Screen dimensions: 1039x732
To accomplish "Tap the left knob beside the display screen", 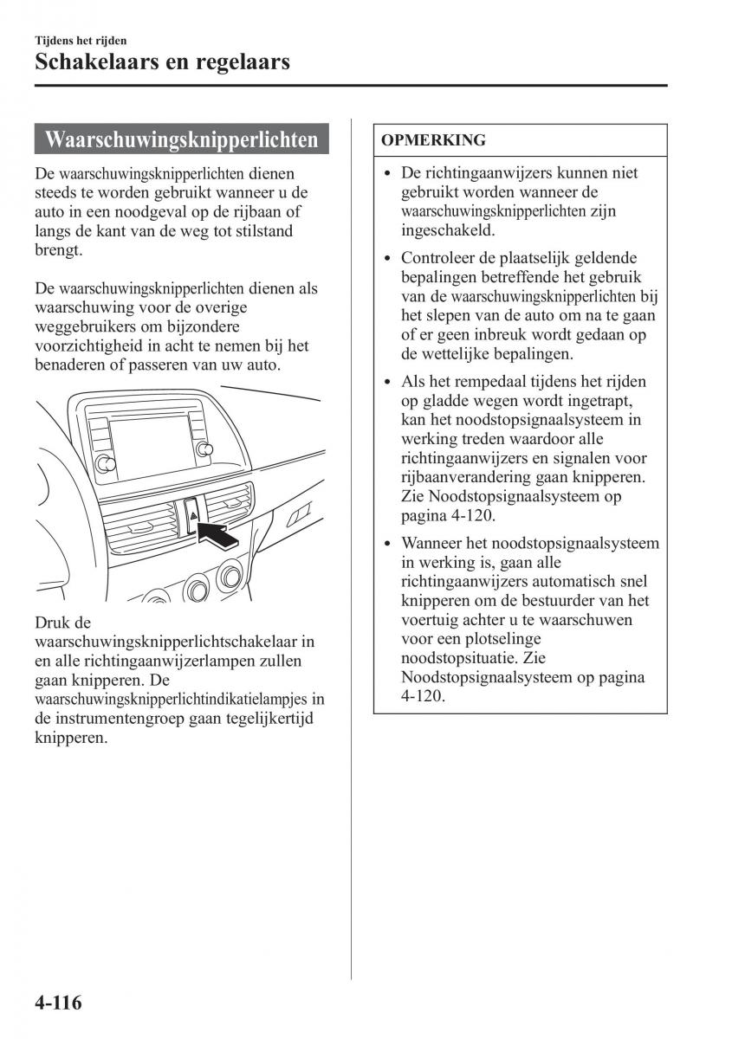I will click(x=106, y=463).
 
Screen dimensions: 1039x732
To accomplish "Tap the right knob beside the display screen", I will click(x=205, y=448).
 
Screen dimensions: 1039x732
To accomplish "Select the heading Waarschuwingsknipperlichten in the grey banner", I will click(x=181, y=139).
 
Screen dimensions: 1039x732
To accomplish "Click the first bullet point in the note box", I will click(x=388, y=173).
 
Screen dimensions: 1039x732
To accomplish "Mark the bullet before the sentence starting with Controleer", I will click(x=388, y=259).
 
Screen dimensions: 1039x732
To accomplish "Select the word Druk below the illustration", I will click(x=51, y=623).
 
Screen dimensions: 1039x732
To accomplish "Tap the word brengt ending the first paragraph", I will click(x=58, y=250).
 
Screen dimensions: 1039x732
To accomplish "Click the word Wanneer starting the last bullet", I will click(x=431, y=543).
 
